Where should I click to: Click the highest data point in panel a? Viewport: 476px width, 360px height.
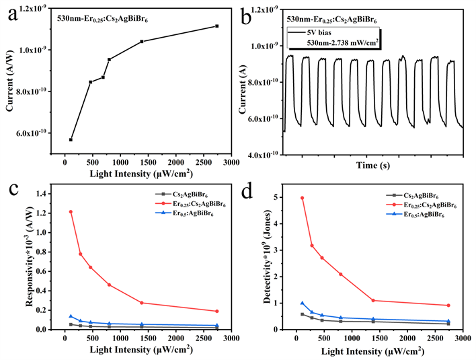217,26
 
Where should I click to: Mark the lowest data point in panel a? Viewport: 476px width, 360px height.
71,139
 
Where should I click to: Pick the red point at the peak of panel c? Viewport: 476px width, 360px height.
71,212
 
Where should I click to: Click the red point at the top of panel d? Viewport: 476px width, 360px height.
302,198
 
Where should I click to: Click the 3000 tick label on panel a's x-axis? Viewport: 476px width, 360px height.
231,161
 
